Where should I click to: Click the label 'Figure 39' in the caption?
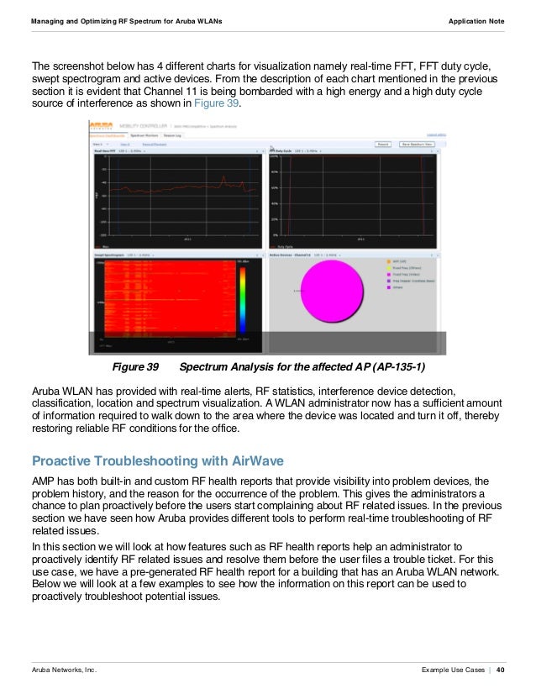click(135, 367)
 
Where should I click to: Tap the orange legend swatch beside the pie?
click(390, 261)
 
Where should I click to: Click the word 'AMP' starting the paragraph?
click(42, 479)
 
